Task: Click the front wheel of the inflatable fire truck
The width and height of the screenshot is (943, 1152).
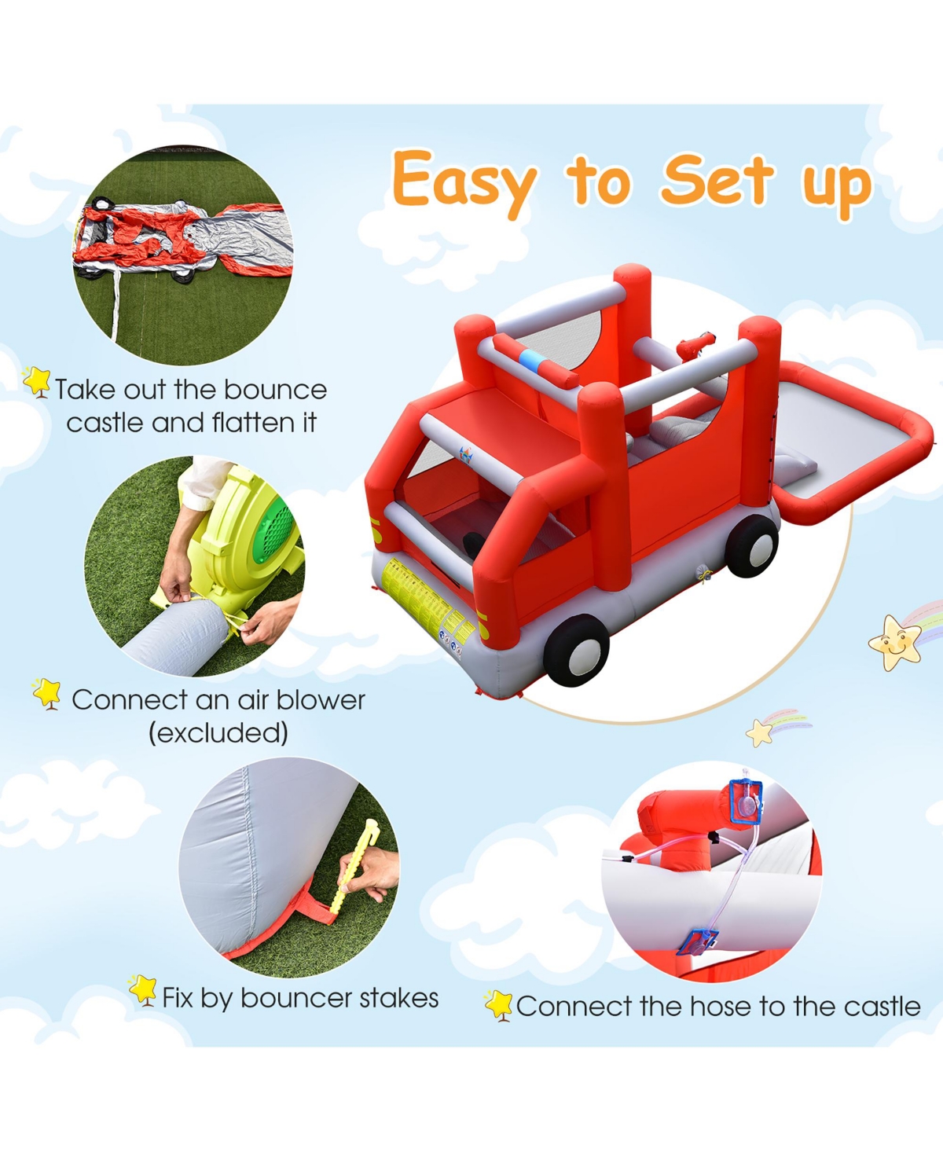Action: tap(576, 649)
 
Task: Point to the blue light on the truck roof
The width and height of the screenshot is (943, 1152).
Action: tap(533, 359)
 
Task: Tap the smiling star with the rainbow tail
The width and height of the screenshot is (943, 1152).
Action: tap(895, 642)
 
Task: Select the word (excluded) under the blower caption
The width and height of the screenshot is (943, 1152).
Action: tap(218, 733)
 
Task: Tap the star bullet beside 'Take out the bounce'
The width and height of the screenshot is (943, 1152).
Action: tap(37, 382)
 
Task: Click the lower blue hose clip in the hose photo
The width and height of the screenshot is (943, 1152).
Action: tap(696, 940)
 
